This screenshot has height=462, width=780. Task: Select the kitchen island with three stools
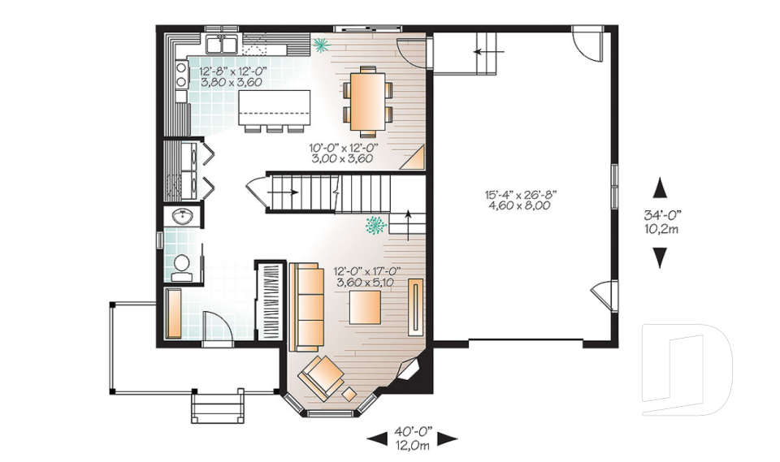tap(275, 108)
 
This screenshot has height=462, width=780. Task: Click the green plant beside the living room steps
tap(376, 223)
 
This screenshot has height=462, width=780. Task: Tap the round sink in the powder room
tap(182, 217)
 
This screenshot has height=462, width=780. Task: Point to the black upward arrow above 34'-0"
tap(661, 186)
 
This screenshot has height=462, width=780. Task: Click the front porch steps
tap(218, 405)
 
